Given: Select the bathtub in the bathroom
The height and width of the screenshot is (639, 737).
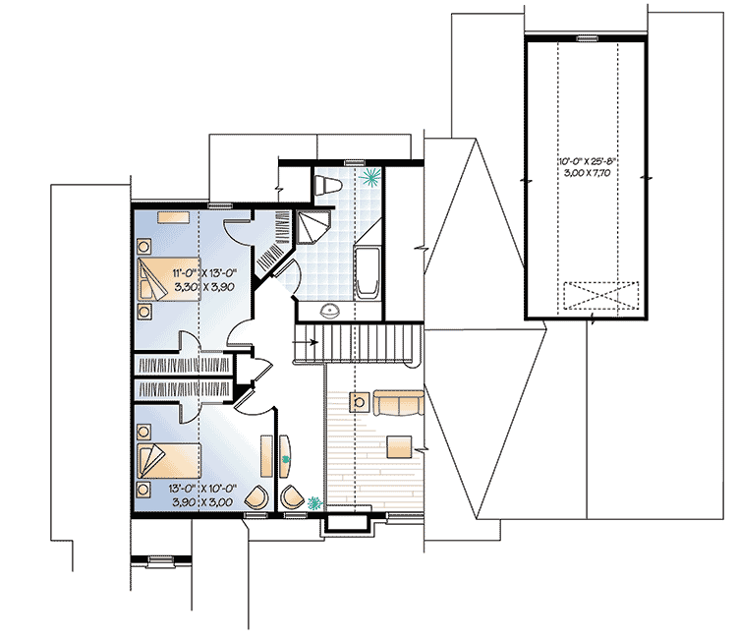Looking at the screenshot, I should tap(367, 272).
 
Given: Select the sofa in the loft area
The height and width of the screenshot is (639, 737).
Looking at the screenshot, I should tap(399, 401).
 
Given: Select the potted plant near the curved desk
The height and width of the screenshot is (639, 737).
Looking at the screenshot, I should tap(314, 502).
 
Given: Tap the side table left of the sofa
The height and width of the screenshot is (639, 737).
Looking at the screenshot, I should tap(360, 401).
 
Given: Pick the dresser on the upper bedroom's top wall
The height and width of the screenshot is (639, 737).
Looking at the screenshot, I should tap(176, 213).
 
